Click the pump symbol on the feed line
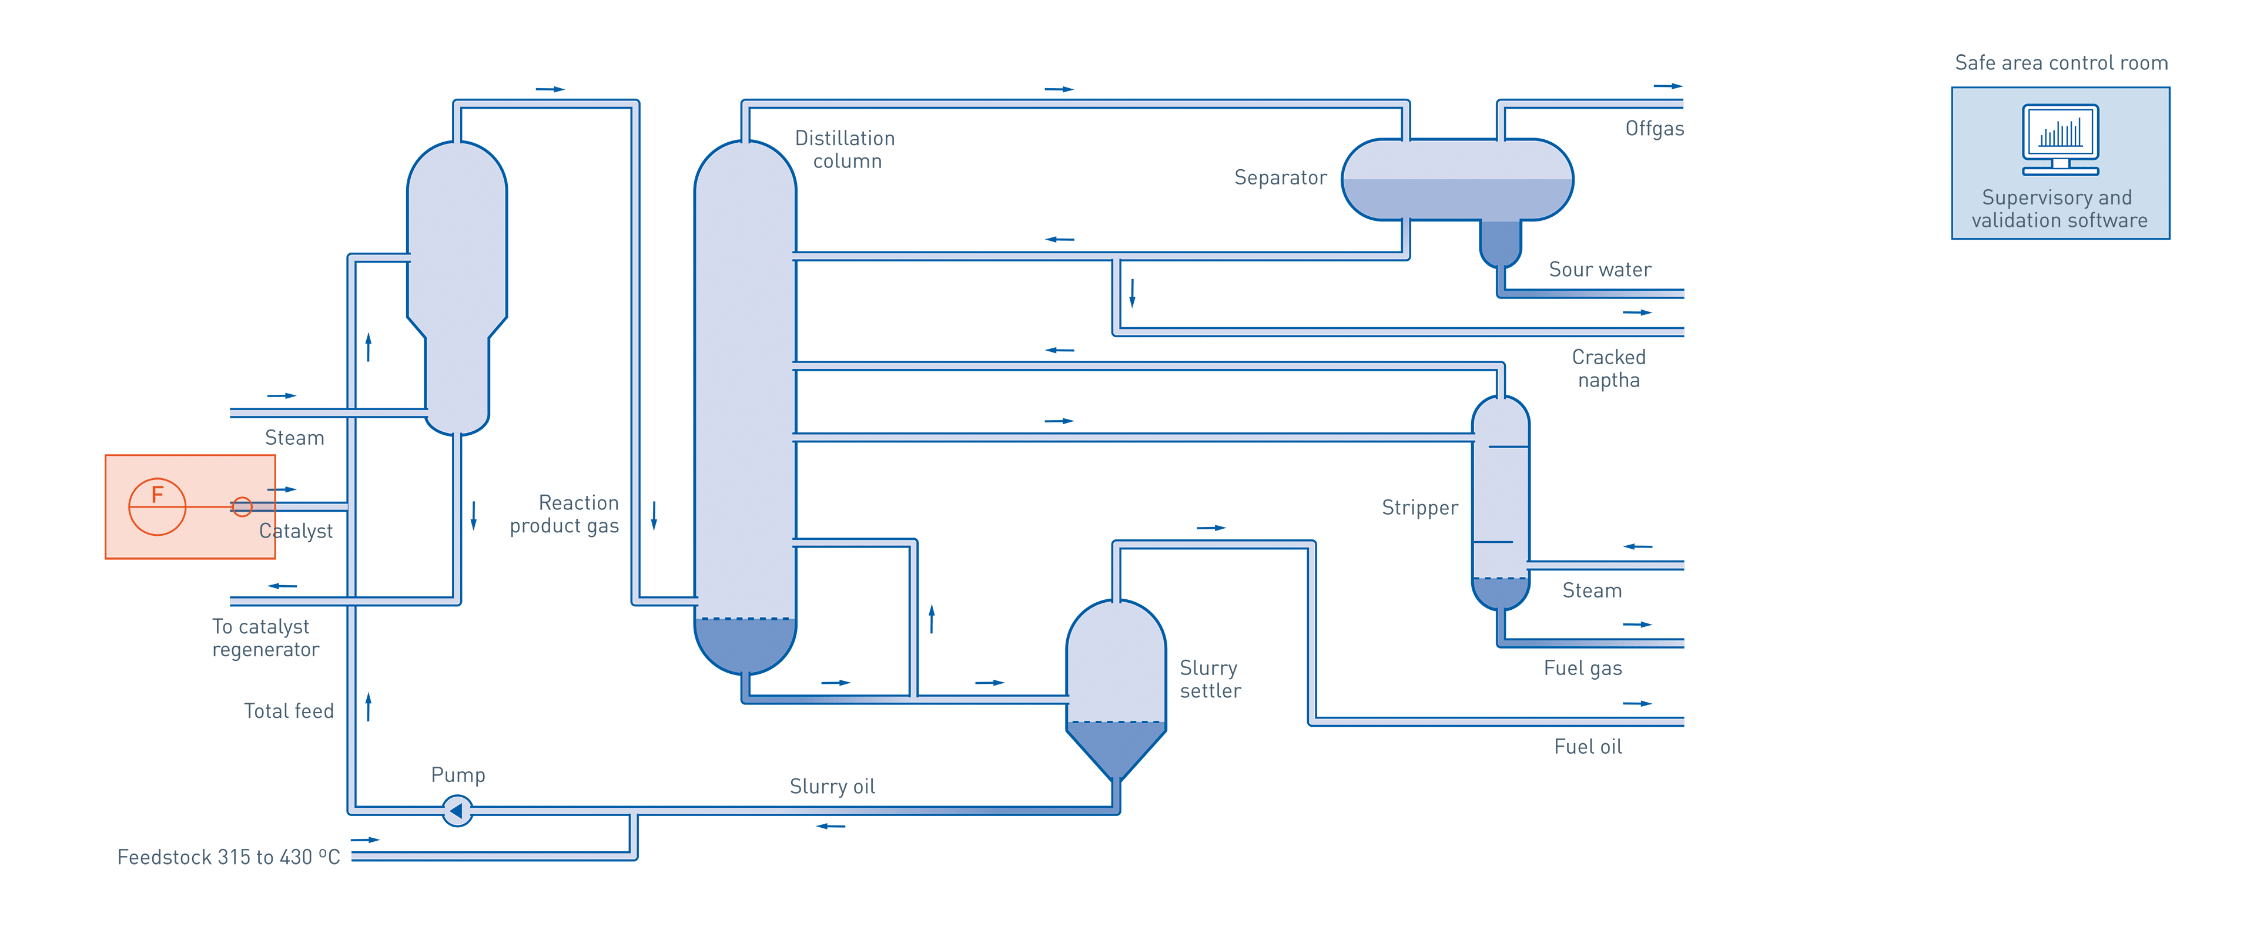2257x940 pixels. (x=457, y=810)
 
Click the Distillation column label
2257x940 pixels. (x=846, y=150)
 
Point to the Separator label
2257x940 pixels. (x=1280, y=178)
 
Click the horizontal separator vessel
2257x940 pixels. (x=1457, y=180)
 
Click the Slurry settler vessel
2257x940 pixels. (x=1116, y=683)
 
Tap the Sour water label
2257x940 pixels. (x=1600, y=270)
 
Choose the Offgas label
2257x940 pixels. (x=1654, y=129)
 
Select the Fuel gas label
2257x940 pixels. (x=1582, y=669)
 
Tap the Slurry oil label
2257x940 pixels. (x=832, y=787)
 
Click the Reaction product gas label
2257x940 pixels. (x=565, y=514)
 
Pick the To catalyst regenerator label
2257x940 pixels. (x=264, y=638)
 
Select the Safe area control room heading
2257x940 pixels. (x=2061, y=63)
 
